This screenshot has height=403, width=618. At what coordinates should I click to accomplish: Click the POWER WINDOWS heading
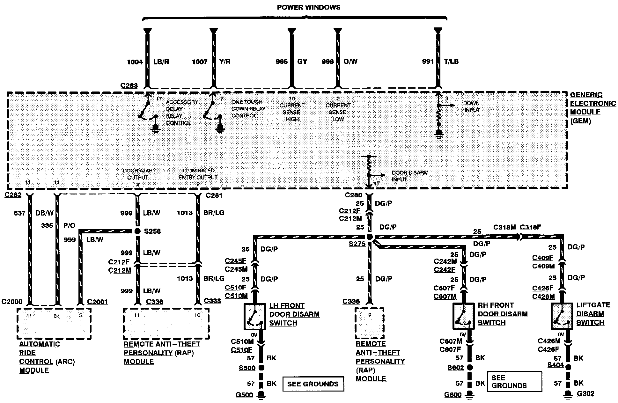308,7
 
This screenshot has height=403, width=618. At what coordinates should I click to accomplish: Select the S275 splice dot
369,237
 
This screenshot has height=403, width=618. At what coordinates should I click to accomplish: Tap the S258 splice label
152,231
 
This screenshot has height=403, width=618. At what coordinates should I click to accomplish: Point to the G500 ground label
244,395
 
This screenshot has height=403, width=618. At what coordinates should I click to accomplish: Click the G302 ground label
585,393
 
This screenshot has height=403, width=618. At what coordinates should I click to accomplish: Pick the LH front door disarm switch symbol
255,317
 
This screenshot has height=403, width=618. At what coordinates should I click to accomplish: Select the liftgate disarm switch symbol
562,316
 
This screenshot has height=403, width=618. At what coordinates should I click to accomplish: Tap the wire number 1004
135,62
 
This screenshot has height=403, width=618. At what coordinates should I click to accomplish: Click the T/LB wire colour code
451,61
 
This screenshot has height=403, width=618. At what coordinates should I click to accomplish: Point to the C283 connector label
129,85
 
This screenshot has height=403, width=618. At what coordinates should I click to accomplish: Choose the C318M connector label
504,227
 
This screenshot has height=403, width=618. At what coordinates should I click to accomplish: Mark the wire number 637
19,213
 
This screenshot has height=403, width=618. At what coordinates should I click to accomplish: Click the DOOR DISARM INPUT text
410,176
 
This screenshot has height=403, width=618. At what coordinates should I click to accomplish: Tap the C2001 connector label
97,302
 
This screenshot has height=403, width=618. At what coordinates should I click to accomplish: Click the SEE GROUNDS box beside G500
313,384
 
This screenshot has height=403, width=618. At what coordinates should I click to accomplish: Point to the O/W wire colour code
350,61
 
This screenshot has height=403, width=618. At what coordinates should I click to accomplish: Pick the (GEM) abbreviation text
580,121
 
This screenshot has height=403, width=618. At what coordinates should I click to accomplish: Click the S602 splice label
455,368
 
